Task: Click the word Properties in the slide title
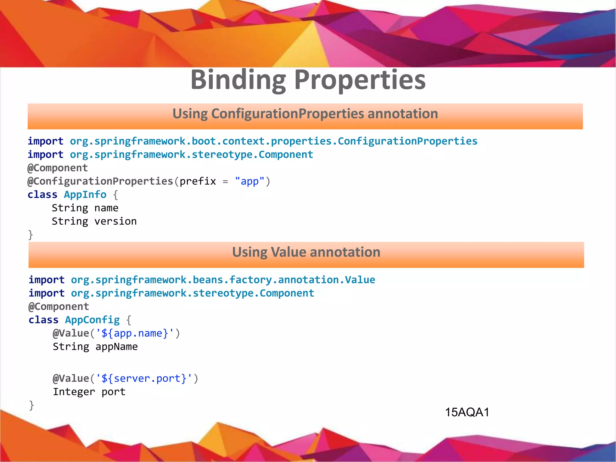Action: [x=360, y=80]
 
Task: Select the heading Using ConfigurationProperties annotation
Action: [x=305, y=114]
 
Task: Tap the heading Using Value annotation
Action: [x=306, y=252]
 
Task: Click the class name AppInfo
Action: [x=85, y=195]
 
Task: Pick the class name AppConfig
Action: [x=92, y=320]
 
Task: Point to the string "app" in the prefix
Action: [x=250, y=181]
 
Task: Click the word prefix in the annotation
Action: [x=198, y=181]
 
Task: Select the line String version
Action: [x=94, y=221]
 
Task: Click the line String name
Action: [x=85, y=208]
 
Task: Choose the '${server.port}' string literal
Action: [x=144, y=378]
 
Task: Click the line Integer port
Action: [x=89, y=392]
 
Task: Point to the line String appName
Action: [x=95, y=347]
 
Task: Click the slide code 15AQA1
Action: [x=467, y=412]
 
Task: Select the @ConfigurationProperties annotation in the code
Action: [x=100, y=181]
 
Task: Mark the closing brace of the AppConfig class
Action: [x=31, y=405]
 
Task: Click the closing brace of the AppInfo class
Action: [x=30, y=235]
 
